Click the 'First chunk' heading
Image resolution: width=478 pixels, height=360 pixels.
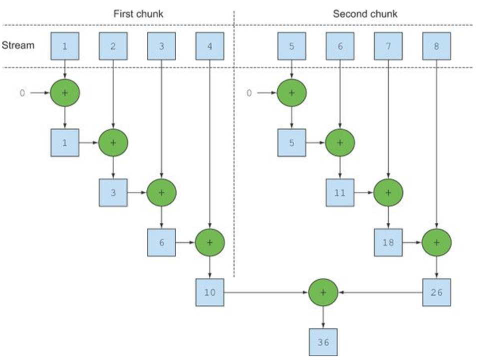[x=138, y=13]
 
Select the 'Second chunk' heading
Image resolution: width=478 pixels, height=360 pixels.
[x=365, y=13]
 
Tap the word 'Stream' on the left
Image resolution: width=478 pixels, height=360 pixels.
[x=18, y=45]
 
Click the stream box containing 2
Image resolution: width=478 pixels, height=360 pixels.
[x=113, y=46]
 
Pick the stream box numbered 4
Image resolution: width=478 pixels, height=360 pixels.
[x=209, y=46]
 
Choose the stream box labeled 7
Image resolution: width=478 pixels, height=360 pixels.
[x=388, y=46]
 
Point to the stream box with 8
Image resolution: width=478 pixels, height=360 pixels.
[x=436, y=46]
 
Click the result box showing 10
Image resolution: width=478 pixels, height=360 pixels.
[x=209, y=292]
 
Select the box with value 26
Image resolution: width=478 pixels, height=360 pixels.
[x=436, y=292]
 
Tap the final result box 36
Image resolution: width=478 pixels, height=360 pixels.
[x=323, y=342]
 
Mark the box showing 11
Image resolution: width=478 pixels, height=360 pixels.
[x=340, y=192]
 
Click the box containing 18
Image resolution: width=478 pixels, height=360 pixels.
[x=388, y=242]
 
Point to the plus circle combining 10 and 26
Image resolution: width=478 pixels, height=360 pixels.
[x=323, y=292]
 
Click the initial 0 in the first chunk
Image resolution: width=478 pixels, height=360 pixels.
[x=22, y=93]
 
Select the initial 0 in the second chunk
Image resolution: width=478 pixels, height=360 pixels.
[x=249, y=93]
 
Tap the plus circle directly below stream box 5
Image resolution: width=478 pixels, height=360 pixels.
[x=291, y=92]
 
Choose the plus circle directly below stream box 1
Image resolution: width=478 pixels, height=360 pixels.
[x=65, y=92]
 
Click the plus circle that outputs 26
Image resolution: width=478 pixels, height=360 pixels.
[x=436, y=242]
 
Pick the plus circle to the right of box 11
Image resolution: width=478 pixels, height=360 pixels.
[x=388, y=192]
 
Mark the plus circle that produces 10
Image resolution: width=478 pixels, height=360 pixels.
[x=209, y=242]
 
